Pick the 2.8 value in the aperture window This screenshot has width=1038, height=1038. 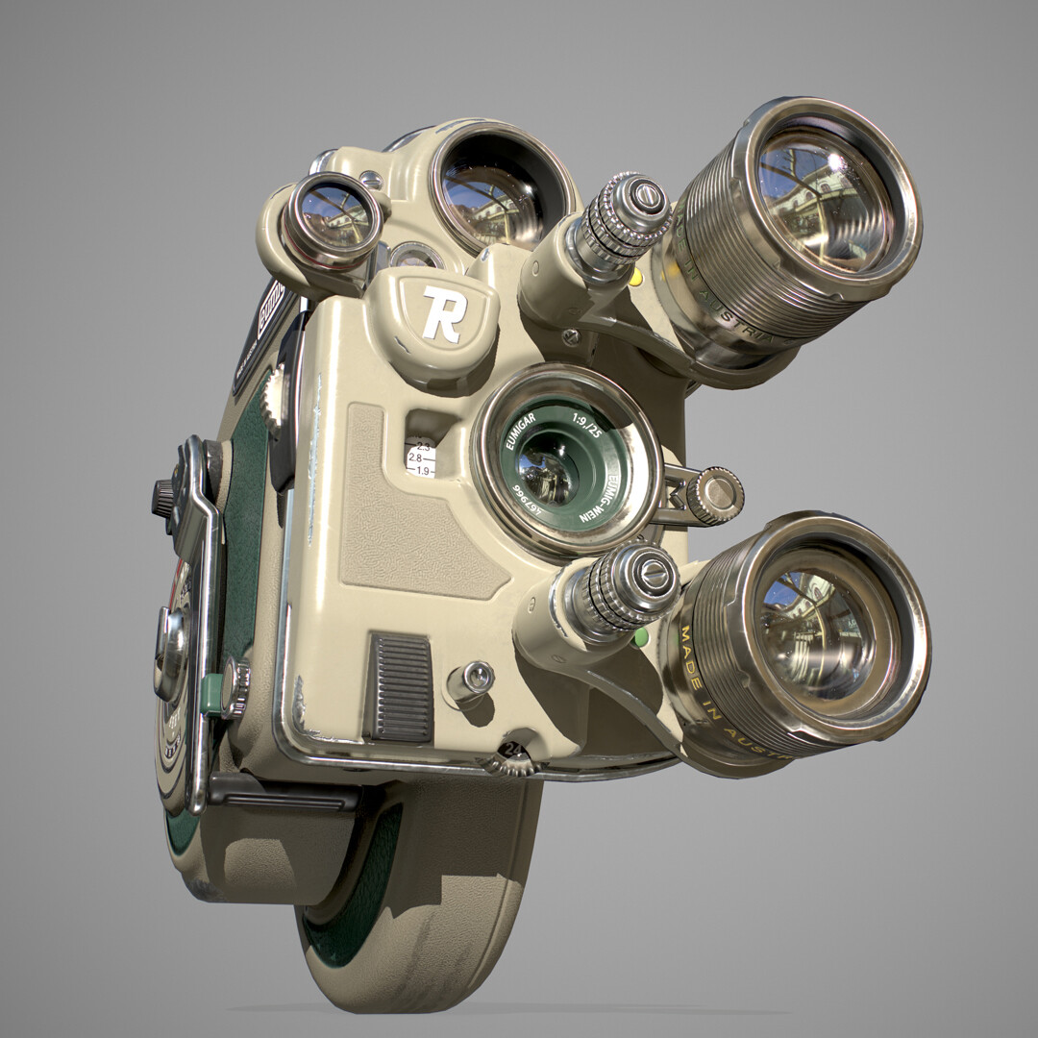(x=415, y=458)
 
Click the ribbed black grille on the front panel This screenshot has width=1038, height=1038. (x=401, y=687)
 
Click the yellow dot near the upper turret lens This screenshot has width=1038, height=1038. (x=635, y=278)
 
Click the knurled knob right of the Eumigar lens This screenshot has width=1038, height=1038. (x=714, y=495)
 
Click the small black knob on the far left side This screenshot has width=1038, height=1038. (x=164, y=497)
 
